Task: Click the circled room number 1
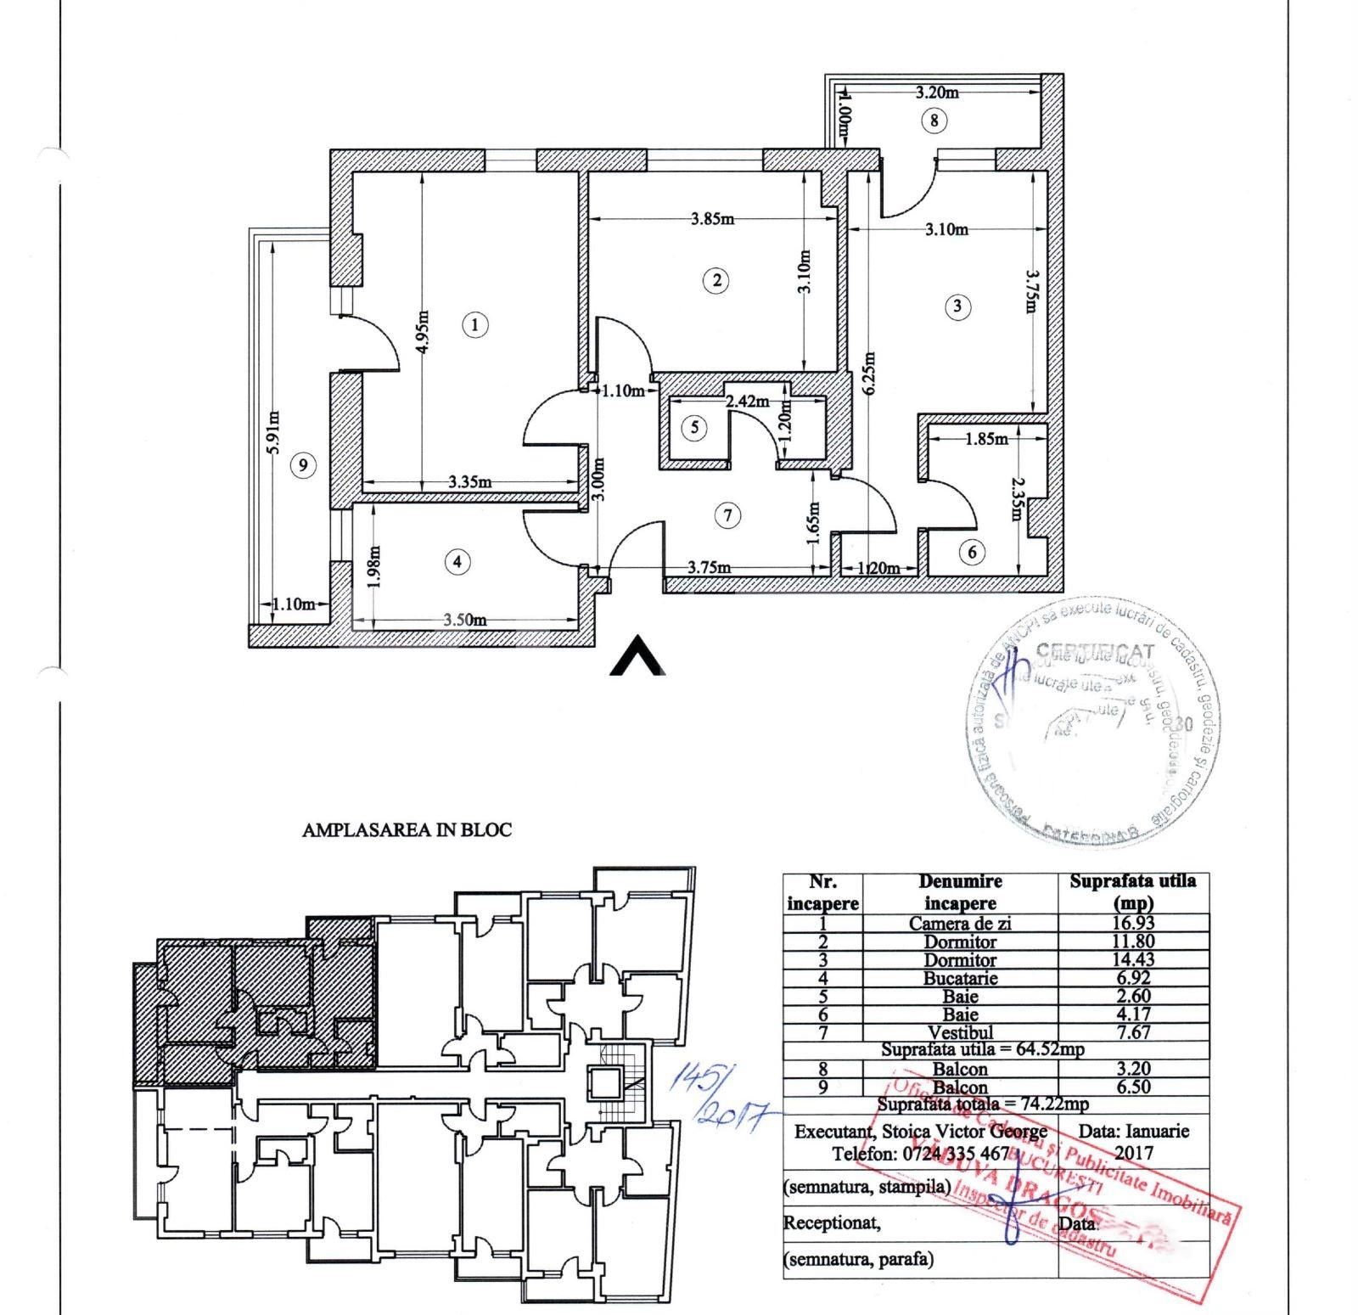tap(475, 324)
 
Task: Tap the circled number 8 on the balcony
tap(934, 121)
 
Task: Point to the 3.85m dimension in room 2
tap(711, 219)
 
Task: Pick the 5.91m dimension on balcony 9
tap(274, 434)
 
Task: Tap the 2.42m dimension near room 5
tap(747, 401)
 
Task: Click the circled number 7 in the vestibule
tap(727, 514)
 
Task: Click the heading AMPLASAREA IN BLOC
tap(407, 830)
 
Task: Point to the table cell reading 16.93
tap(1132, 922)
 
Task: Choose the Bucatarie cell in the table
tap(960, 978)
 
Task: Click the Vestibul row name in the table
tap(960, 1032)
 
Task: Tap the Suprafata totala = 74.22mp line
tap(982, 1104)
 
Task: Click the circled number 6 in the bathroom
tap(973, 553)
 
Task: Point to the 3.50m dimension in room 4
tap(464, 620)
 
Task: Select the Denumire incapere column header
tap(960, 892)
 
